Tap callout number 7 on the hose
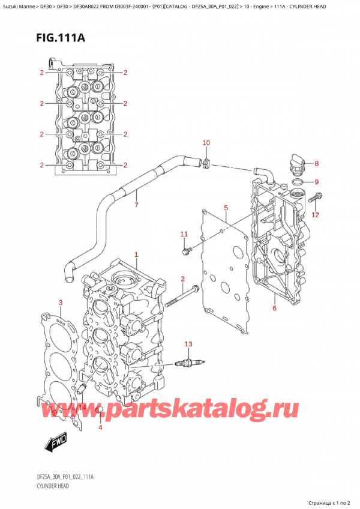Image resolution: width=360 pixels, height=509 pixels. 136,206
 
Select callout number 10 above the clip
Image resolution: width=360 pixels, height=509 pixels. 206,143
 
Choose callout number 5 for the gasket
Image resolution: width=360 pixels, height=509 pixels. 226,208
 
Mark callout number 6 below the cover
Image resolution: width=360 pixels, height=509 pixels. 274,309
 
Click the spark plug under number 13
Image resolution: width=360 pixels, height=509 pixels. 189,363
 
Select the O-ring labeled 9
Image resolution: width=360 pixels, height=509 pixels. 297,181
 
